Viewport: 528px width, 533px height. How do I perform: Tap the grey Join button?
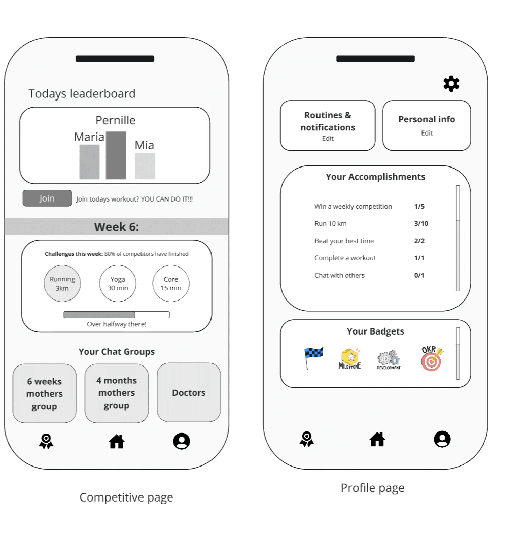click(x=47, y=198)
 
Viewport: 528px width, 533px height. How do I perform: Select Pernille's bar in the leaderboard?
click(x=116, y=155)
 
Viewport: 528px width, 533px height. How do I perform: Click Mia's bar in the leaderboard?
click(x=145, y=166)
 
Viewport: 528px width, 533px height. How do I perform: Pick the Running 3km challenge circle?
click(x=62, y=284)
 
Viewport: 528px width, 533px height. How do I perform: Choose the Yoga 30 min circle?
click(x=118, y=284)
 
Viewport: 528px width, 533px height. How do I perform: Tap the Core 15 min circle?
click(x=171, y=284)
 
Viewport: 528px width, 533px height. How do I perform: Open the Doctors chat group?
click(x=189, y=393)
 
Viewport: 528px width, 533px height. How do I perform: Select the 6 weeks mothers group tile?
click(x=45, y=394)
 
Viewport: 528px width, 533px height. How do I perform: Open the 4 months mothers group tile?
click(x=117, y=393)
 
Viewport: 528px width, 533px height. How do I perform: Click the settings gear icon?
click(x=451, y=84)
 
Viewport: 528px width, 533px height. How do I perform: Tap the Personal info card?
click(x=427, y=125)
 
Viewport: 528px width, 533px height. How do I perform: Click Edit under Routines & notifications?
click(x=328, y=139)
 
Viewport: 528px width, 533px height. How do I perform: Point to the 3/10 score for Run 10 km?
click(x=421, y=224)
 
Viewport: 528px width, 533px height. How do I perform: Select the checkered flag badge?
click(x=313, y=358)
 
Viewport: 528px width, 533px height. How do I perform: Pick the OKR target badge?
click(x=432, y=358)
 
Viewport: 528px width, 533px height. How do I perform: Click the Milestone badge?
click(x=350, y=358)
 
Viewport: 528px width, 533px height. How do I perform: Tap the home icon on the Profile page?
click(x=377, y=439)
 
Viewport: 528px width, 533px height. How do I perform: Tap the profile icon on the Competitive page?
click(x=181, y=442)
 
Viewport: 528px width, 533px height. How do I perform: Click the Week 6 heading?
click(x=117, y=227)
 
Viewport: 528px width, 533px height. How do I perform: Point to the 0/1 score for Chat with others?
click(x=419, y=276)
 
